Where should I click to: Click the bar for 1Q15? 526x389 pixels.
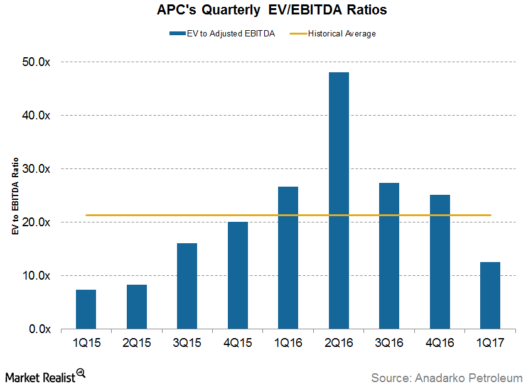tap(86, 309)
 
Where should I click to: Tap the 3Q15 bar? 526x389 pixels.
tap(187, 286)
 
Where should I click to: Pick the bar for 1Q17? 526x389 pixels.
tap(490, 295)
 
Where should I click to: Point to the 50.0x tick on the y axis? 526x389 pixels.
tap(38, 62)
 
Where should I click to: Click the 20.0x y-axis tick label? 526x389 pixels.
tap(38, 222)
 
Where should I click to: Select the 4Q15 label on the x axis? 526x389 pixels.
tap(238, 344)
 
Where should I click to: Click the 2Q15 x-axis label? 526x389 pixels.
tap(137, 344)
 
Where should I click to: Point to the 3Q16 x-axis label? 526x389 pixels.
tap(389, 344)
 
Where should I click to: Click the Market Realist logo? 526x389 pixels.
tap(44, 377)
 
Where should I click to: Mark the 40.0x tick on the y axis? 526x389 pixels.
tap(38, 116)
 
